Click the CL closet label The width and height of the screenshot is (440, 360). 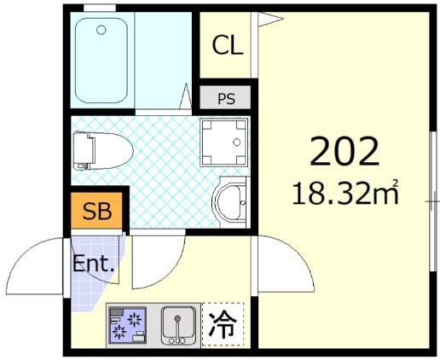pos(227,46)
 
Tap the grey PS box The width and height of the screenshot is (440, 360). pos(226,98)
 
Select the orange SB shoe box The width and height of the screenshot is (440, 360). pos(97,211)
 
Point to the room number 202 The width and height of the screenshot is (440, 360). pos(344,151)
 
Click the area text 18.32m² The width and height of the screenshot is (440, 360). pos(345,193)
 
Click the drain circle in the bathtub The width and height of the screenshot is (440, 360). pos(101,31)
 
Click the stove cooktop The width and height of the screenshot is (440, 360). pos(129,324)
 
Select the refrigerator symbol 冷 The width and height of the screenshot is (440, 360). pos(223,324)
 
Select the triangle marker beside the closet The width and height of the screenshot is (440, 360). pos(269,18)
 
